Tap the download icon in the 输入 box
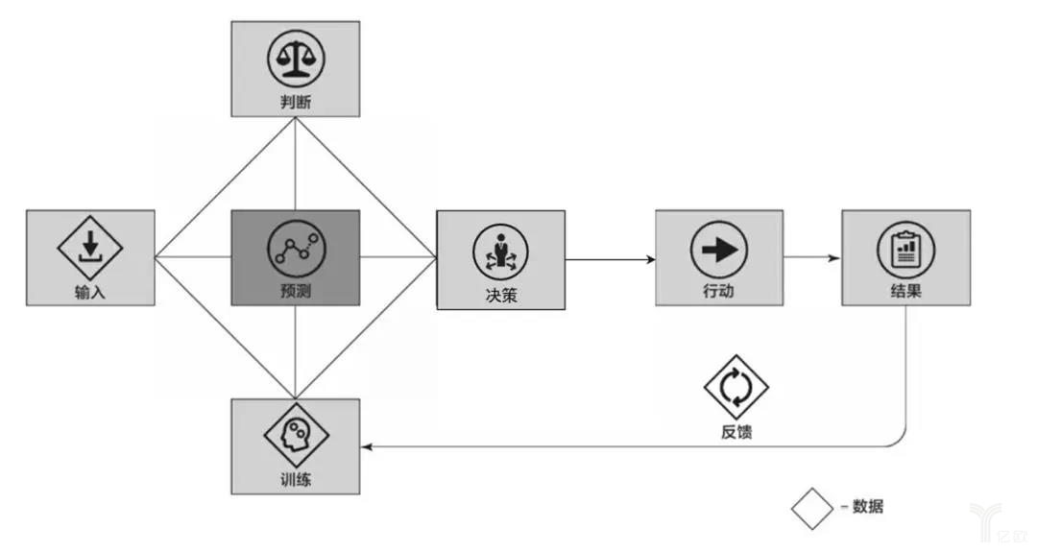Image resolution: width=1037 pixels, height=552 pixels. pyautogui.click(x=90, y=245)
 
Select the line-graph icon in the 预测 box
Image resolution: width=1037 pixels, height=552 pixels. pyautogui.click(x=295, y=247)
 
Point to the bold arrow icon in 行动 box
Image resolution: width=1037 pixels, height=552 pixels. pyautogui.click(x=718, y=250)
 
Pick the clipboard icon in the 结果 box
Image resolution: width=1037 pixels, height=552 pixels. pyautogui.click(x=904, y=250)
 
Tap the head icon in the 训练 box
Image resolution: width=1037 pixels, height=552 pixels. pyautogui.click(x=296, y=434)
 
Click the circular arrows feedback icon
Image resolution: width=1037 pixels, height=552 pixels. pyautogui.click(x=736, y=387)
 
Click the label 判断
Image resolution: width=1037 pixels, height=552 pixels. pyautogui.click(x=295, y=102)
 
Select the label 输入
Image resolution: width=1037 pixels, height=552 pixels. pyautogui.click(x=90, y=292)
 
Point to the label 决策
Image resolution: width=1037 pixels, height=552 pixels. pyautogui.click(x=500, y=296)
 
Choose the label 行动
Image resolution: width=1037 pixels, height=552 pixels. pyautogui.click(x=718, y=292)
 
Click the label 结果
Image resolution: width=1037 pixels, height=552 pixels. pyautogui.click(x=904, y=292)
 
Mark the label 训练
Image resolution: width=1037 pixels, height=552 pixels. pyautogui.click(x=296, y=479)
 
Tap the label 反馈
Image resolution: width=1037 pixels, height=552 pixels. pyautogui.click(x=736, y=432)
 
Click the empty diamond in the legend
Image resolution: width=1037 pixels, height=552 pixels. pyautogui.click(x=811, y=508)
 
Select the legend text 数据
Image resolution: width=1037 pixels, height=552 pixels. pyautogui.click(x=867, y=506)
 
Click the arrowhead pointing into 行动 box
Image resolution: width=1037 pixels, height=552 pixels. pyautogui.click(x=651, y=259)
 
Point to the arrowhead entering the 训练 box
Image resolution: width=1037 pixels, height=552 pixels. pyautogui.click(x=367, y=446)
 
